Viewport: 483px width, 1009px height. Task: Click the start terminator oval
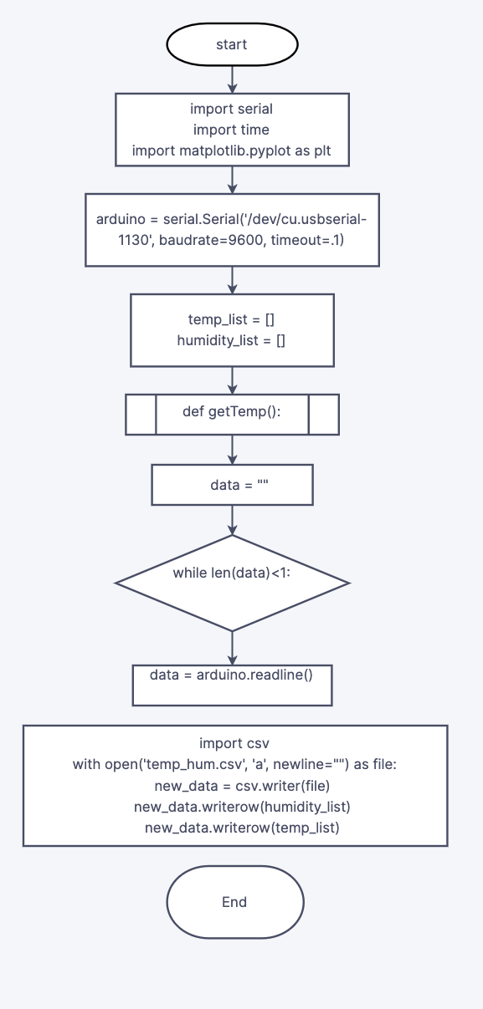pos(232,45)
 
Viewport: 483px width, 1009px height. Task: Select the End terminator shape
pos(234,902)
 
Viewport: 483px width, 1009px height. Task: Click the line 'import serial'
pos(232,109)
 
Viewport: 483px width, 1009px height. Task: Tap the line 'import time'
pos(232,130)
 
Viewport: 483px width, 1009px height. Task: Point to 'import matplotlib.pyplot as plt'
pos(232,151)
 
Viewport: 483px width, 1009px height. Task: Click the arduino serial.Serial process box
pos(232,230)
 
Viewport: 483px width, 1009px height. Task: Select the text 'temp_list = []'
pos(232,319)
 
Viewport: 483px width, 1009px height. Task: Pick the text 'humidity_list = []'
pos(232,340)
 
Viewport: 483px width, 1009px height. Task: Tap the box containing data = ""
pos(232,485)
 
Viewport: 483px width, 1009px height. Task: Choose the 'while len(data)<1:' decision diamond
pos(232,583)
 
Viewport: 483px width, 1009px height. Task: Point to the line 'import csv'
pos(234,743)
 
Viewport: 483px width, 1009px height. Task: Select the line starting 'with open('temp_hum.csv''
pos(234,765)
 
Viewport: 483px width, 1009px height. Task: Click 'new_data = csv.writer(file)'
pos(234,786)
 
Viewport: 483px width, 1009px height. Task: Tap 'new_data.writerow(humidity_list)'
pos(234,807)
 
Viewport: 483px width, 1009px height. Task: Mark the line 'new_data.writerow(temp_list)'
pos(234,828)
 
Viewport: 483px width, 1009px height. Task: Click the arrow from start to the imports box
pos(232,78)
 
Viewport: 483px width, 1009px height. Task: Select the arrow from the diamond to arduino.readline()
pos(232,648)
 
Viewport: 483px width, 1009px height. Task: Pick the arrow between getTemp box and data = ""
pos(232,450)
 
